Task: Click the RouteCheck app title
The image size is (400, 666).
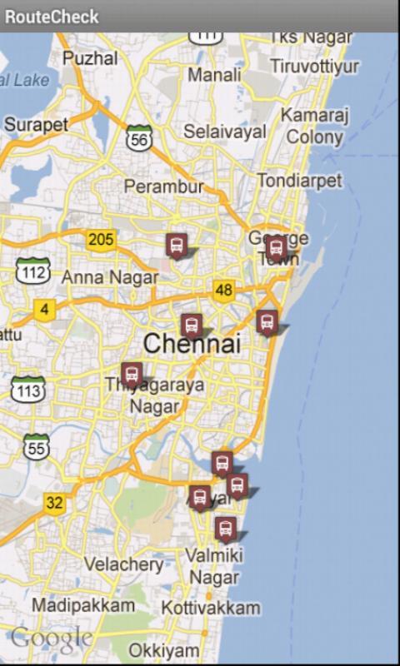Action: point(52,16)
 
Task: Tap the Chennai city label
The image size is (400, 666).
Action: point(192,343)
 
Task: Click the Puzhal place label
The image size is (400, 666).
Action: point(90,58)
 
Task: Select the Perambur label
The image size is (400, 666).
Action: point(163,186)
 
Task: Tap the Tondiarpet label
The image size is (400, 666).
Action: point(299,181)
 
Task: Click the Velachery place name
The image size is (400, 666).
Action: point(123,564)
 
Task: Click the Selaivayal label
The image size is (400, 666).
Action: point(225,132)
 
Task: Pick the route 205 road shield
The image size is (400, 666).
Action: point(100,240)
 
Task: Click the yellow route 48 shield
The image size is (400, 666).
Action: point(223,290)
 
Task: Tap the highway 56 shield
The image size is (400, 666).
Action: point(139,138)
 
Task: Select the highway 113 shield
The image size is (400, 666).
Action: point(27,389)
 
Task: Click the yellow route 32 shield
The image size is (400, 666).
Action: point(54,503)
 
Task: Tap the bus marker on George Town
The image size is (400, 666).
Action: point(276,246)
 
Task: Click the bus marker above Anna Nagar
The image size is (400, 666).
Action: point(176,245)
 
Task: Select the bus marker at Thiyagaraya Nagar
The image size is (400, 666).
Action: point(132,375)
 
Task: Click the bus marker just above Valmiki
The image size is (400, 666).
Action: point(224,529)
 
